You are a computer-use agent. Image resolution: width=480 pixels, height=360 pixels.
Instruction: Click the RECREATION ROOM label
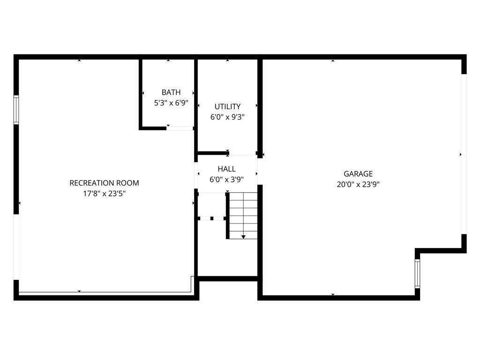(x=104, y=183)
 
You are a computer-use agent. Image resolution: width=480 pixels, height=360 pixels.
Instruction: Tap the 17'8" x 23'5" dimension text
(x=104, y=193)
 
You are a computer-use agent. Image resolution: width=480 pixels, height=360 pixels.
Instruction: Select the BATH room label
(x=171, y=92)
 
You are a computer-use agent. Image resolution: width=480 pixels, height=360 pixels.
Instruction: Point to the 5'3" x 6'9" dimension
(x=171, y=103)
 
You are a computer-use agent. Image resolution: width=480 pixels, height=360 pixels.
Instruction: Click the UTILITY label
(x=227, y=106)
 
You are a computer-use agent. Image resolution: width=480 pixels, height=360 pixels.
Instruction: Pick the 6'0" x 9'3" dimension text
(x=227, y=117)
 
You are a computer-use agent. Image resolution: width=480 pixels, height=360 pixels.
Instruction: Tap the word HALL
(x=227, y=169)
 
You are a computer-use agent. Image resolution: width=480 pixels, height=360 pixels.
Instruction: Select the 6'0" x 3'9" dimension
(x=227, y=179)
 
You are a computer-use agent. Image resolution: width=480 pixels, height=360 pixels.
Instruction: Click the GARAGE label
(x=358, y=174)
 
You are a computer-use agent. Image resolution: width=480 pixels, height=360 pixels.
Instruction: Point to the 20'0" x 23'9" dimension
(x=358, y=184)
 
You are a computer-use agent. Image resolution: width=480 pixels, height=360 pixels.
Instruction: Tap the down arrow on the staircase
(x=243, y=237)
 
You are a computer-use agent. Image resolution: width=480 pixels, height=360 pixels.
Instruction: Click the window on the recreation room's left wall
(x=16, y=110)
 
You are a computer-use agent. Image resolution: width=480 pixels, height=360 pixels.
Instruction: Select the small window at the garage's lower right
(x=417, y=273)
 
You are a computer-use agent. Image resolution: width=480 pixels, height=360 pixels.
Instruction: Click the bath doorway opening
(x=180, y=128)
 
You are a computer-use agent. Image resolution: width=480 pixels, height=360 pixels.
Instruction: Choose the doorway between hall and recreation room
(x=196, y=174)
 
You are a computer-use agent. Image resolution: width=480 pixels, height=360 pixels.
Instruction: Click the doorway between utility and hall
(x=242, y=153)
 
